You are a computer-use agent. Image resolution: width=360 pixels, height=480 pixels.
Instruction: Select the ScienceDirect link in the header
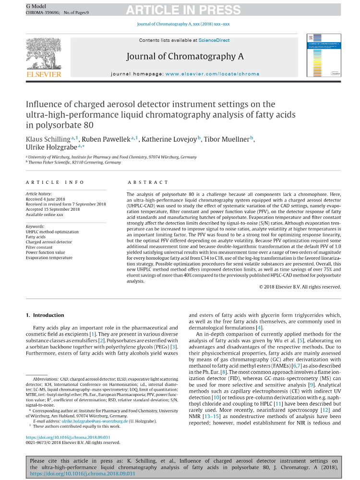[x=214, y=40]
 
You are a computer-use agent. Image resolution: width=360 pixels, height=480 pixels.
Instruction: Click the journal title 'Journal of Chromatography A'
[x=185, y=57]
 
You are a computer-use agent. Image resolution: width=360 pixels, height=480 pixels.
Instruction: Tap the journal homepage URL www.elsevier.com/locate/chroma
[x=212, y=74]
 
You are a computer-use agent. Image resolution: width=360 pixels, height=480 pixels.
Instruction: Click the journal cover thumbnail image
[x=323, y=56]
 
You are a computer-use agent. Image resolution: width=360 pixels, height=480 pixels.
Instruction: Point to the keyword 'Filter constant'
[x=40, y=247]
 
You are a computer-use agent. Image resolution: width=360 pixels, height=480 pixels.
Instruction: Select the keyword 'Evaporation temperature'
[x=49, y=258]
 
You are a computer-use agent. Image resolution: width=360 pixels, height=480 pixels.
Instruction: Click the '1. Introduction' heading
[x=45, y=315]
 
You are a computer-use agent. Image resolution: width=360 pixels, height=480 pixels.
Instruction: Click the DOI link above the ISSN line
[x=68, y=437]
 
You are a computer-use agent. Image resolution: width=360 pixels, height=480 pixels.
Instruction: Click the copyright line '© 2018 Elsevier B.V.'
[x=300, y=287]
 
